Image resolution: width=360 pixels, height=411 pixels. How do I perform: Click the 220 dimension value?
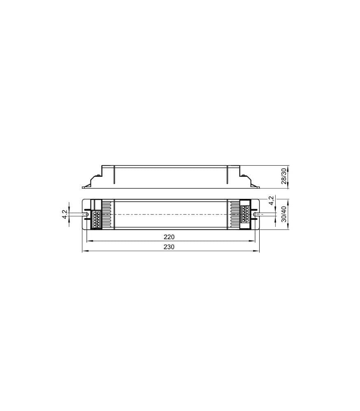[169, 237]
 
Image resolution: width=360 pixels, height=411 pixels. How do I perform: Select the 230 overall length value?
[169, 247]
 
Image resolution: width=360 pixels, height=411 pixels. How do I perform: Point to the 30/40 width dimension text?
[283, 215]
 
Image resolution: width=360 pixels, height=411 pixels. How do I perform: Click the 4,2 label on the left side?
[65, 215]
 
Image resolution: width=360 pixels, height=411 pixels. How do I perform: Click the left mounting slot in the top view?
[87, 215]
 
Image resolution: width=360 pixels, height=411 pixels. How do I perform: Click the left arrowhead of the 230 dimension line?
[84, 251]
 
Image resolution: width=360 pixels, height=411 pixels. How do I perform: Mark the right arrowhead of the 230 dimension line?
[258, 251]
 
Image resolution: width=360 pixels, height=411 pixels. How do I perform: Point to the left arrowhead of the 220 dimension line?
[88, 241]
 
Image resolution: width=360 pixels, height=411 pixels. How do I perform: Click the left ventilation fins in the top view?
[108, 215]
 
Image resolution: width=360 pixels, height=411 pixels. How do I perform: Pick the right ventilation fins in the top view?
[233, 215]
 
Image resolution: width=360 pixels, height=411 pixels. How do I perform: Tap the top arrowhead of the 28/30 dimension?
[288, 168]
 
